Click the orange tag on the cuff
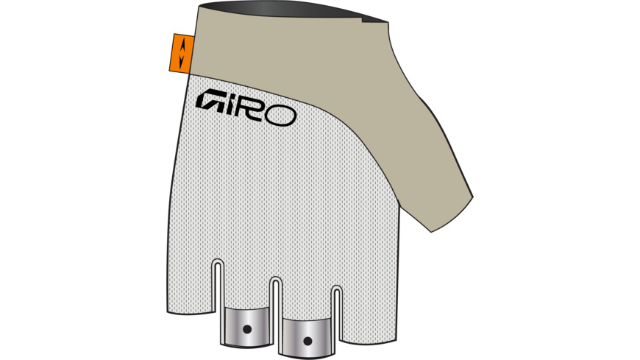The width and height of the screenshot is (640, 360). tap(177, 53)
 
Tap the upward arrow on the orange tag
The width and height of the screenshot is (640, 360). tap(177, 46)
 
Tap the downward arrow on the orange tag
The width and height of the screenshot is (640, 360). tap(177, 60)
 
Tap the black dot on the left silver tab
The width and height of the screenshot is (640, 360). tap(247, 328)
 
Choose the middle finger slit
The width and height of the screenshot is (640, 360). tap(277, 298)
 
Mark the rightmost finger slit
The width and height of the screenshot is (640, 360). tap(335, 306)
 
